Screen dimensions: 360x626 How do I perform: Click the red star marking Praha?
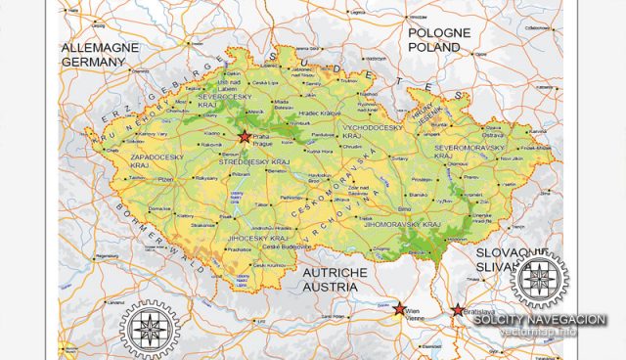pos(245,136)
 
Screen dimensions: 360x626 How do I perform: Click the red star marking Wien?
pos(399,308)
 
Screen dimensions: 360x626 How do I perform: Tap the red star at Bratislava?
pos(458,311)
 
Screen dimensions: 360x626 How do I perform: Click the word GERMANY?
pos(94,61)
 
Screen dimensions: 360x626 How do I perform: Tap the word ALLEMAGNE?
pos(102,47)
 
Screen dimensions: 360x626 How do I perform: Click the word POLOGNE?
pos(439,32)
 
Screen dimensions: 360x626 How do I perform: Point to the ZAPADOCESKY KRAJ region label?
pos(154,160)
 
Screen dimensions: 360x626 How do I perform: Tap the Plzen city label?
pos(165,180)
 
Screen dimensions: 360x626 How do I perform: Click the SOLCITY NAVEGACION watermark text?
pos(540,320)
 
